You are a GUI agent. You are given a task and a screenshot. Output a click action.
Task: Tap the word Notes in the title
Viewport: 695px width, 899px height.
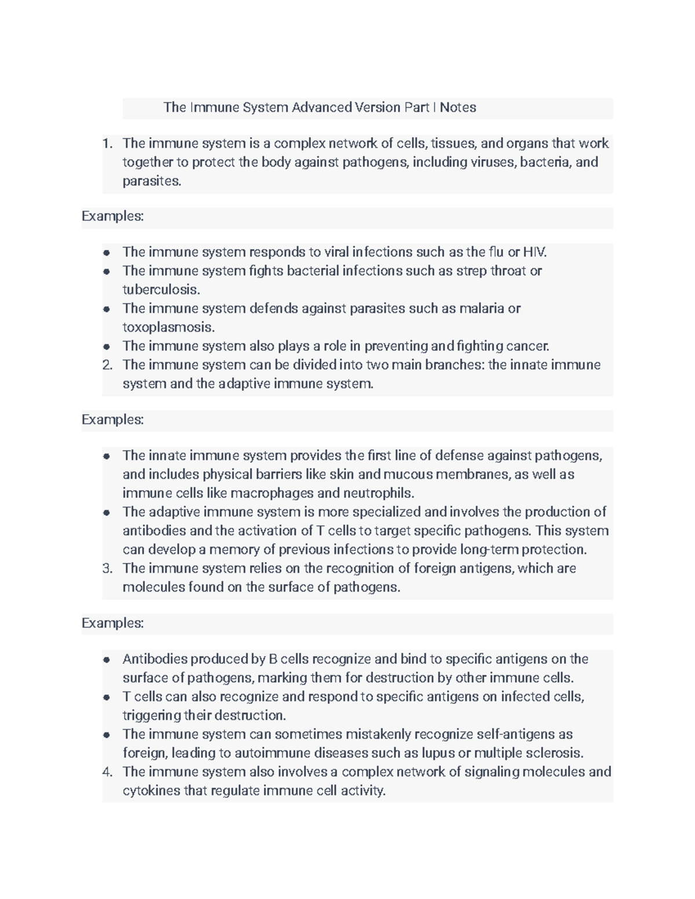458,108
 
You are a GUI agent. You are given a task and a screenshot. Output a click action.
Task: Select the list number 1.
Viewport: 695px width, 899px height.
107,144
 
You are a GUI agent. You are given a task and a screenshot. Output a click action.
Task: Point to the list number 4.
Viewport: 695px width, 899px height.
107,772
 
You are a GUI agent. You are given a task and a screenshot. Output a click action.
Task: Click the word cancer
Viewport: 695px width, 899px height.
527,346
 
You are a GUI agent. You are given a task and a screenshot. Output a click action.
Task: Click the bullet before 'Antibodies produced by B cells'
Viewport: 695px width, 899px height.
107,660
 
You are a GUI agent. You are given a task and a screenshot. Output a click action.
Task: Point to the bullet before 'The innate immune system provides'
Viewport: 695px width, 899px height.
107,456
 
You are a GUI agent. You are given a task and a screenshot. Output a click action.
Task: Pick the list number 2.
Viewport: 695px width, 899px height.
107,365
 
